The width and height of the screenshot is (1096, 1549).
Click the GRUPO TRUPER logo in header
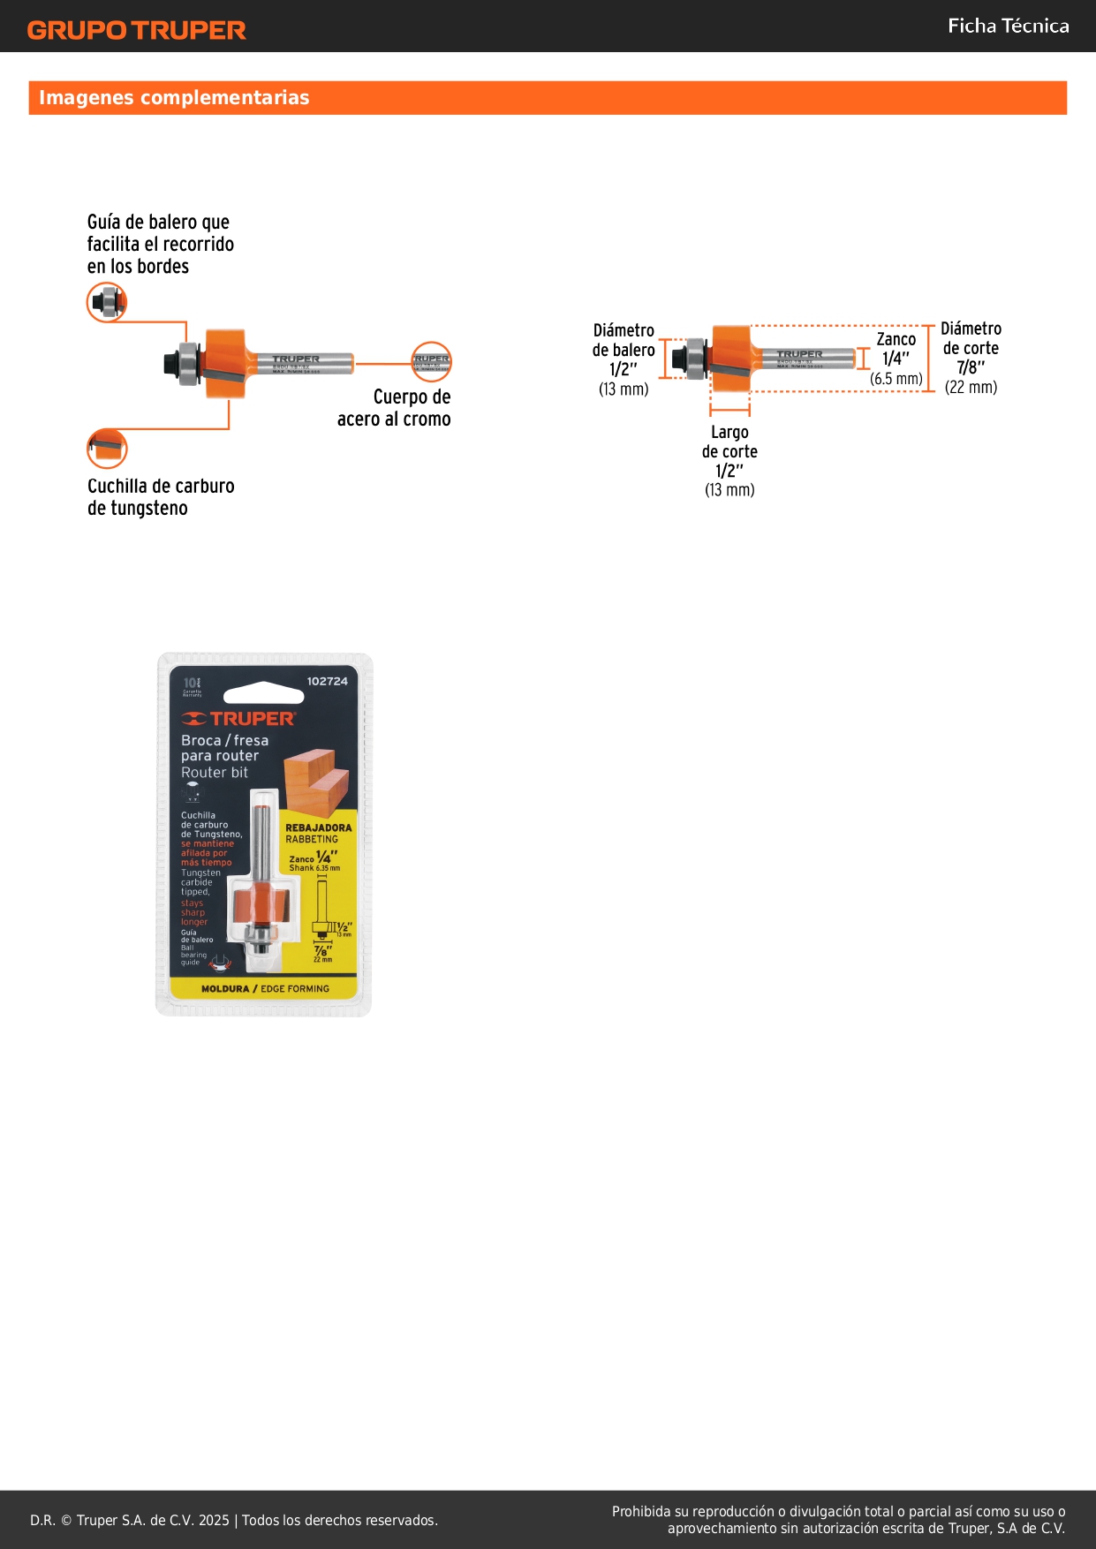click(x=136, y=30)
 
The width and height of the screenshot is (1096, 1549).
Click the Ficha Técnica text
click(x=1008, y=26)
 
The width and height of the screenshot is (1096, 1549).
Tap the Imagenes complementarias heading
click(x=174, y=97)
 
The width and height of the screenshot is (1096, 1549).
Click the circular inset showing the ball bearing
click(x=107, y=302)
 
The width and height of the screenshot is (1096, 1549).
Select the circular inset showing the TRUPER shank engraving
click(x=431, y=362)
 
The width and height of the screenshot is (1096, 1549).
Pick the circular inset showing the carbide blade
click(x=107, y=449)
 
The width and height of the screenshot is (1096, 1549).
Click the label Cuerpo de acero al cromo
click(x=395, y=408)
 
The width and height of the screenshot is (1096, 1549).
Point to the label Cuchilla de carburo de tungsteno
click(x=161, y=496)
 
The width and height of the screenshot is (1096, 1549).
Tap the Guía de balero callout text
click(x=160, y=244)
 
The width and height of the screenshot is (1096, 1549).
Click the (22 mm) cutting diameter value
click(x=971, y=387)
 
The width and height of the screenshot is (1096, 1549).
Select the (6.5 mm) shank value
click(x=896, y=378)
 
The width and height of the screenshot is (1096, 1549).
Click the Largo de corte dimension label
click(x=729, y=442)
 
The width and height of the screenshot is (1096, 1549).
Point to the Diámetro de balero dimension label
click(x=624, y=341)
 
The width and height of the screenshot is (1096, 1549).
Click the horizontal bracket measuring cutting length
click(x=730, y=409)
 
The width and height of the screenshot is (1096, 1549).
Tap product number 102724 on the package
click(x=327, y=681)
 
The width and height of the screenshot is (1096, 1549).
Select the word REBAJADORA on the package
click(x=318, y=827)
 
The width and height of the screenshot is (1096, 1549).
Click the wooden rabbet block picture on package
click(x=316, y=781)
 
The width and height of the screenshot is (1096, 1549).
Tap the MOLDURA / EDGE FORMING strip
click(x=265, y=989)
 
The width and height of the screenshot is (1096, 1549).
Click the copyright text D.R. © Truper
click(x=234, y=1520)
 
